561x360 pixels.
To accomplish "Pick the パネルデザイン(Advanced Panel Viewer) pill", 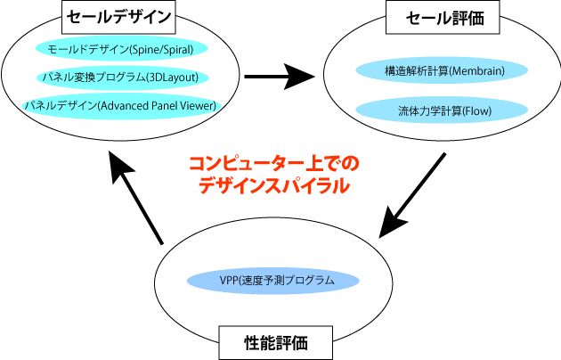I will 120,105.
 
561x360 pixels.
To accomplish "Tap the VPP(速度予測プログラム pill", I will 273,280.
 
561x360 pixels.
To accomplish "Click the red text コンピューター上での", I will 272,165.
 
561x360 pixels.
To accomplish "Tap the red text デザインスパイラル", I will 272,186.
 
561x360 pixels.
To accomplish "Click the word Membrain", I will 476,70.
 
